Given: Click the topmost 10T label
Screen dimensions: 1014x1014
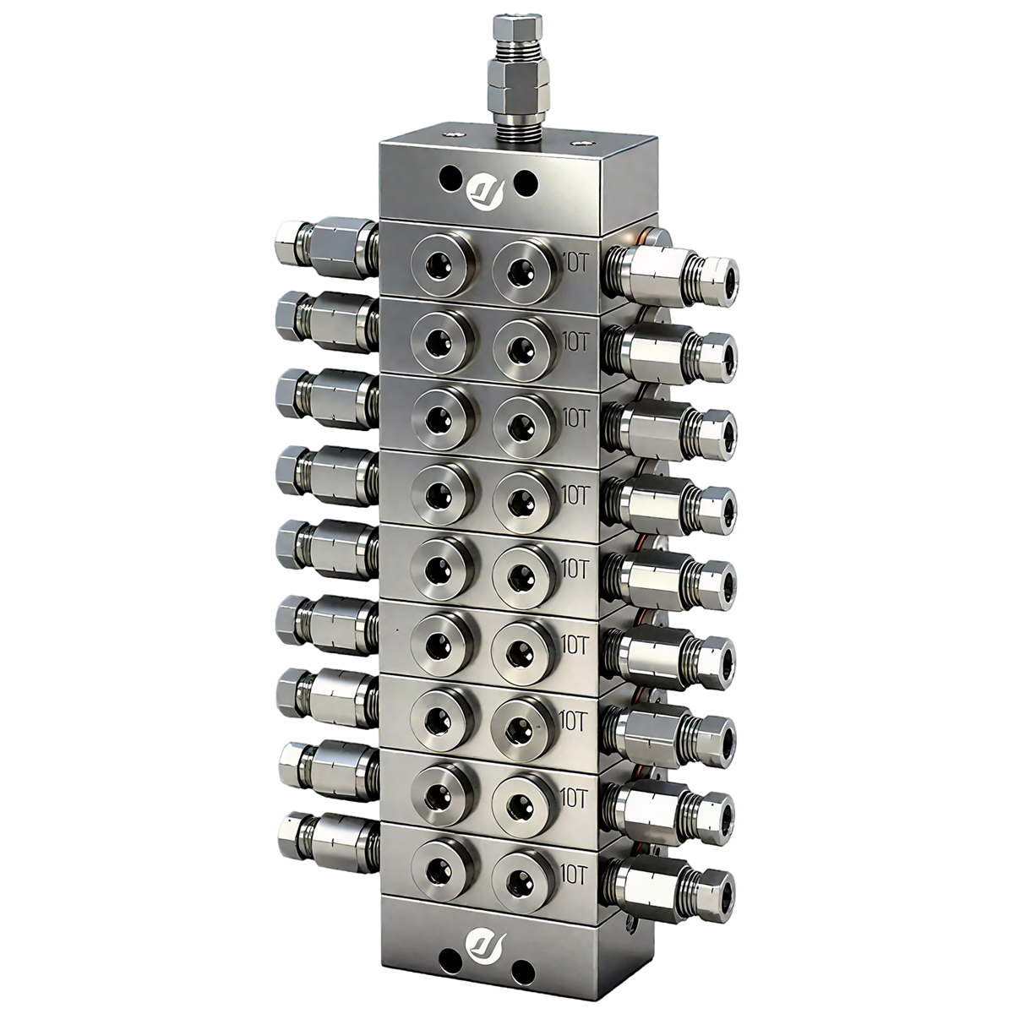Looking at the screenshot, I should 580,262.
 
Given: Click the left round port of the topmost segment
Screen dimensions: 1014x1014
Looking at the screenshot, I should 438,266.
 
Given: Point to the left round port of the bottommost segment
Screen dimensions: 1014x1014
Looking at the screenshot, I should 438,871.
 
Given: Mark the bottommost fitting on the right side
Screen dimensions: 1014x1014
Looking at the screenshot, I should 672,886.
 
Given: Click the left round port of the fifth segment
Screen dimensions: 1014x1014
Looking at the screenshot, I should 438,568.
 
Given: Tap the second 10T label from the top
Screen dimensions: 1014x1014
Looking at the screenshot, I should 580,339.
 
